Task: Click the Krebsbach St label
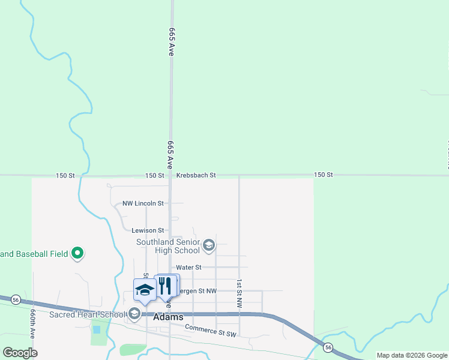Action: click(x=196, y=175)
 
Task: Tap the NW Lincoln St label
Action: click(x=143, y=203)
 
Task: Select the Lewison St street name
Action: click(x=148, y=230)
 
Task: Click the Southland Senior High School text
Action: click(x=168, y=246)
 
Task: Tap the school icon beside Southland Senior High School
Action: click(x=209, y=245)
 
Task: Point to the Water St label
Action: click(x=188, y=267)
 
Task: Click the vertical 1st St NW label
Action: click(x=239, y=293)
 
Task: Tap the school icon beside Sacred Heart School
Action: click(x=134, y=314)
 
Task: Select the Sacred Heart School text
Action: click(x=87, y=314)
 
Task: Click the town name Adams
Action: click(x=169, y=317)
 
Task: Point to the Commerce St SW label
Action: click(x=211, y=329)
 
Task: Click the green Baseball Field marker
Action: click(x=77, y=254)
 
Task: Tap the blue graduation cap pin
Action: click(x=145, y=289)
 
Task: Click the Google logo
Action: click(x=20, y=353)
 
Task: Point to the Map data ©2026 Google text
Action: click(x=412, y=355)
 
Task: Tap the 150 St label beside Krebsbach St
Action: click(x=154, y=175)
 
